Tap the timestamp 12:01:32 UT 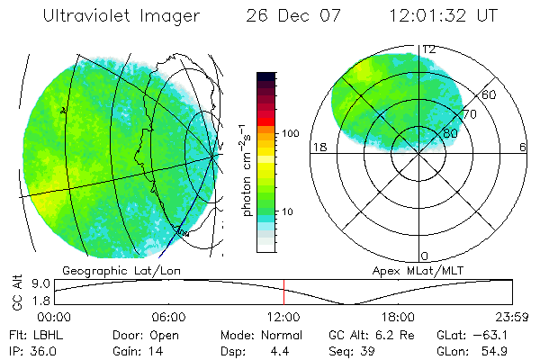[443, 17]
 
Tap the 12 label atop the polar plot [429, 49]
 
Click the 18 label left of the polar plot [318, 147]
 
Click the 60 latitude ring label [490, 94]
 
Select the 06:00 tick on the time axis [168, 317]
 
